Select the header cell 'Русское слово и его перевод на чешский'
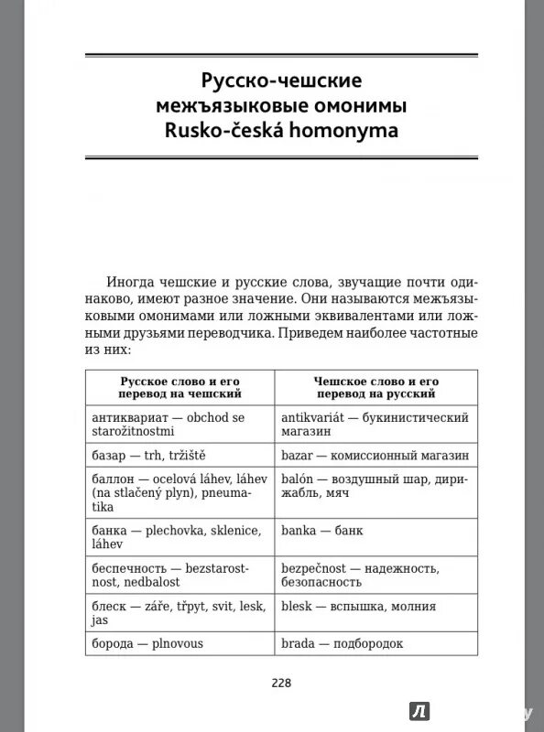pyautogui.click(x=180, y=385)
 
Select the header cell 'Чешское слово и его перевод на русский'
pyautogui.click(x=375, y=385)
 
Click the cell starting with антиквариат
pyautogui.click(x=180, y=425)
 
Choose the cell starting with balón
pyautogui.click(x=375, y=486)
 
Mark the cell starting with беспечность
pyautogui.click(x=180, y=575)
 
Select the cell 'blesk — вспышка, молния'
pyautogui.click(x=375, y=606)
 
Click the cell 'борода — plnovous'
pyautogui.click(x=180, y=643)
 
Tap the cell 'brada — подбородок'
pyautogui.click(x=375, y=643)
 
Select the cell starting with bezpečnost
pyautogui.click(x=375, y=575)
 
